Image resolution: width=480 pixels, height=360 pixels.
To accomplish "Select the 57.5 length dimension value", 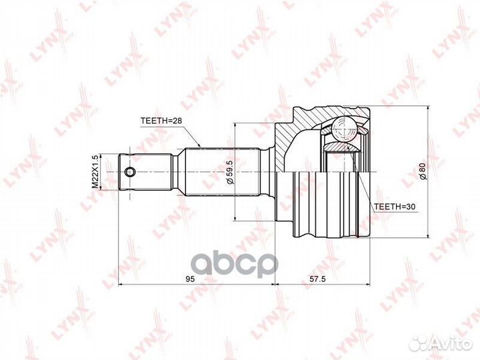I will click(317, 279).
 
